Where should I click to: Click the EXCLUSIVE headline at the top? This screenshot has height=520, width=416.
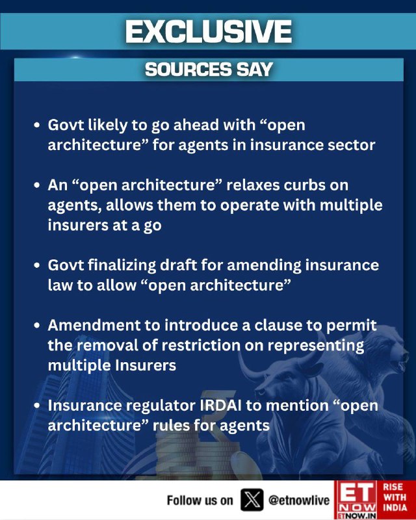[209, 31]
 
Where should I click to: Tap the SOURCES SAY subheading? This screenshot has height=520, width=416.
[209, 70]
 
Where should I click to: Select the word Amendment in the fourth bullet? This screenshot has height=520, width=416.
[94, 325]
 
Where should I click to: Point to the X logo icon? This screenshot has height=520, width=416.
[252, 499]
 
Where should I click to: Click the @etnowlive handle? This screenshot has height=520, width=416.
[299, 500]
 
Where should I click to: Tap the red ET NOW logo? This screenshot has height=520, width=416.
[356, 500]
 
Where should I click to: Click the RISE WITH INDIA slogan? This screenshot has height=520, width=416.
[395, 497]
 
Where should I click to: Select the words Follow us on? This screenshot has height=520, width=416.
[200, 500]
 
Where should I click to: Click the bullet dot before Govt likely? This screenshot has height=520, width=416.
[37, 125]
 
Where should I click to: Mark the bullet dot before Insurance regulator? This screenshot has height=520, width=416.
[37, 406]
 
